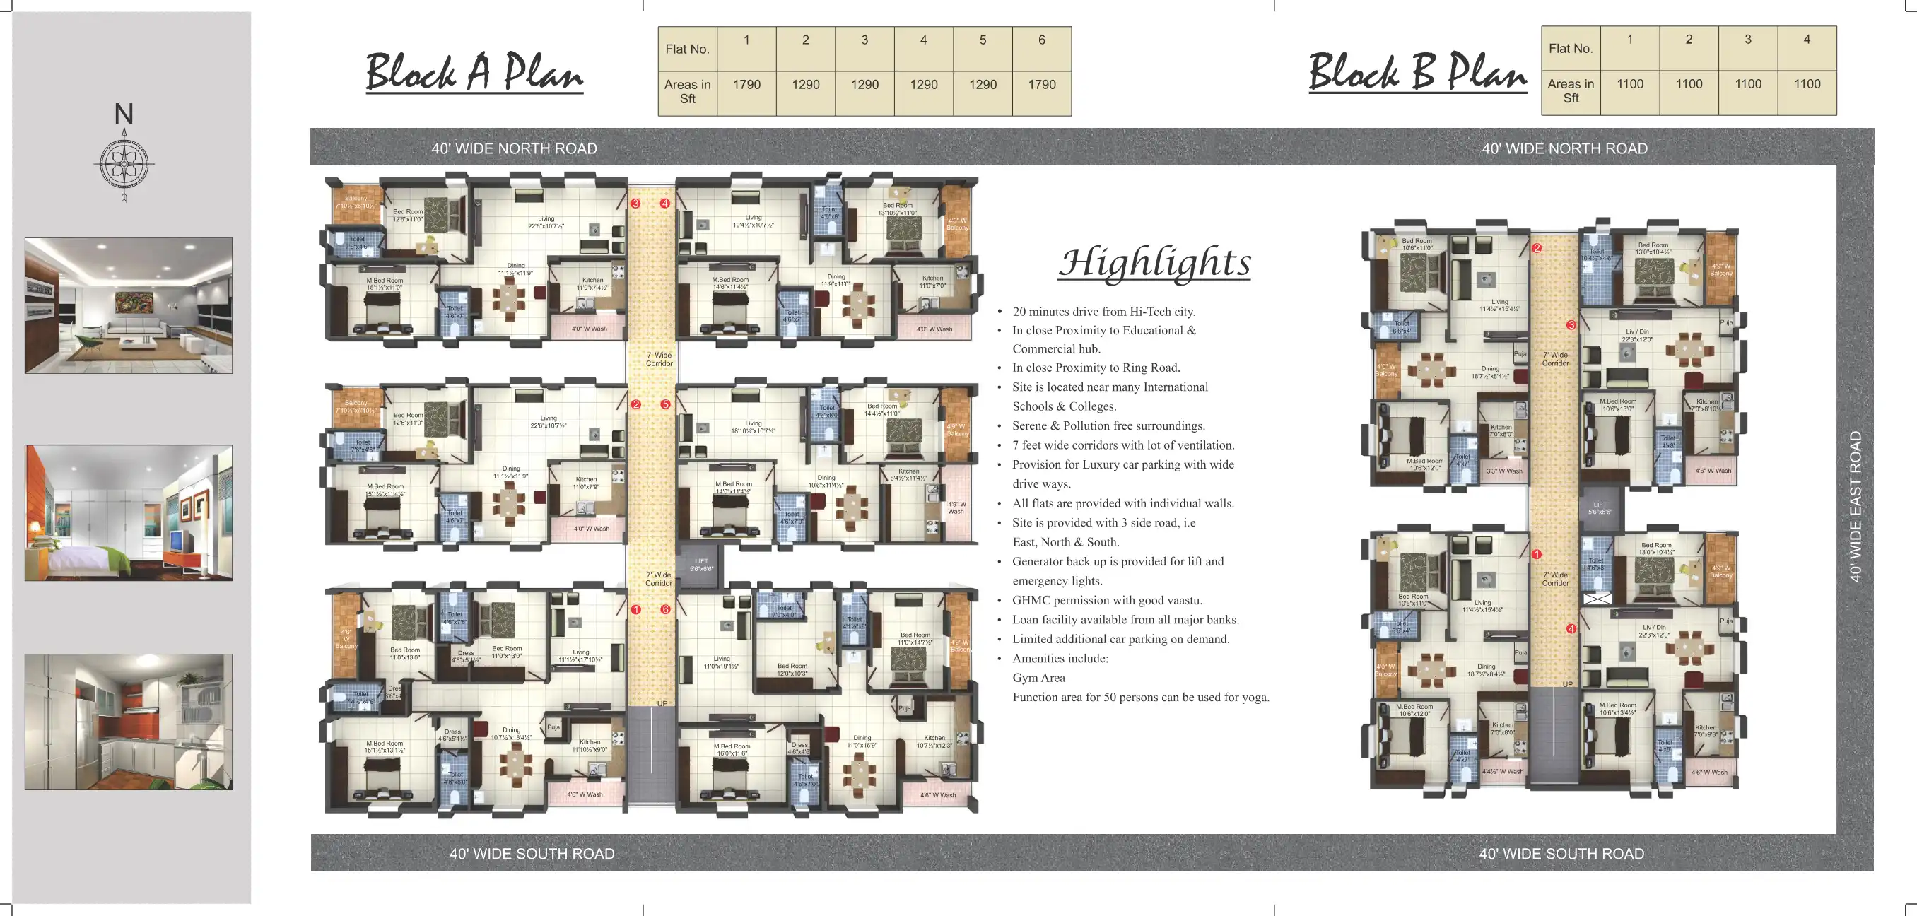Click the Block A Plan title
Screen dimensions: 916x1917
[474, 72]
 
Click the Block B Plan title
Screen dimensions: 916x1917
[1417, 72]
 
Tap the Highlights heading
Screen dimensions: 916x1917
[1154, 263]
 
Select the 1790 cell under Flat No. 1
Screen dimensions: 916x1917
[746, 85]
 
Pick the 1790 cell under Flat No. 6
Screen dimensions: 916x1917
[1041, 85]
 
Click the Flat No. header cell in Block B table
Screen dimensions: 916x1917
[1570, 48]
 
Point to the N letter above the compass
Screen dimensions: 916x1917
[124, 114]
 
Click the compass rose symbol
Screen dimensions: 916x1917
[124, 163]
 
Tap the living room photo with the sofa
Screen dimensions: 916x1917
[128, 306]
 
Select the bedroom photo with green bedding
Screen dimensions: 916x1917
[128, 512]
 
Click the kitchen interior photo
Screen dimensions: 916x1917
[128, 722]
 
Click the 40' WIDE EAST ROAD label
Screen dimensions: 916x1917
[1856, 507]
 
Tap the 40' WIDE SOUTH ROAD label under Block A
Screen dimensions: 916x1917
[532, 854]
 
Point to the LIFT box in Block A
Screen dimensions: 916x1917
[701, 565]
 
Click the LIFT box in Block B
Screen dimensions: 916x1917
[1600, 507]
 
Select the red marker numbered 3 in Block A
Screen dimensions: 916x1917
[635, 203]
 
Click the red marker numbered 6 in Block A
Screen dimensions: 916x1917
[665, 609]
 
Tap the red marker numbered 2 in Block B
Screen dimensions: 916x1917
[1537, 248]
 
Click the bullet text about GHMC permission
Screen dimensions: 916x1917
[1107, 600]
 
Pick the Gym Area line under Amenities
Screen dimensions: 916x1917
[1038, 678]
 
